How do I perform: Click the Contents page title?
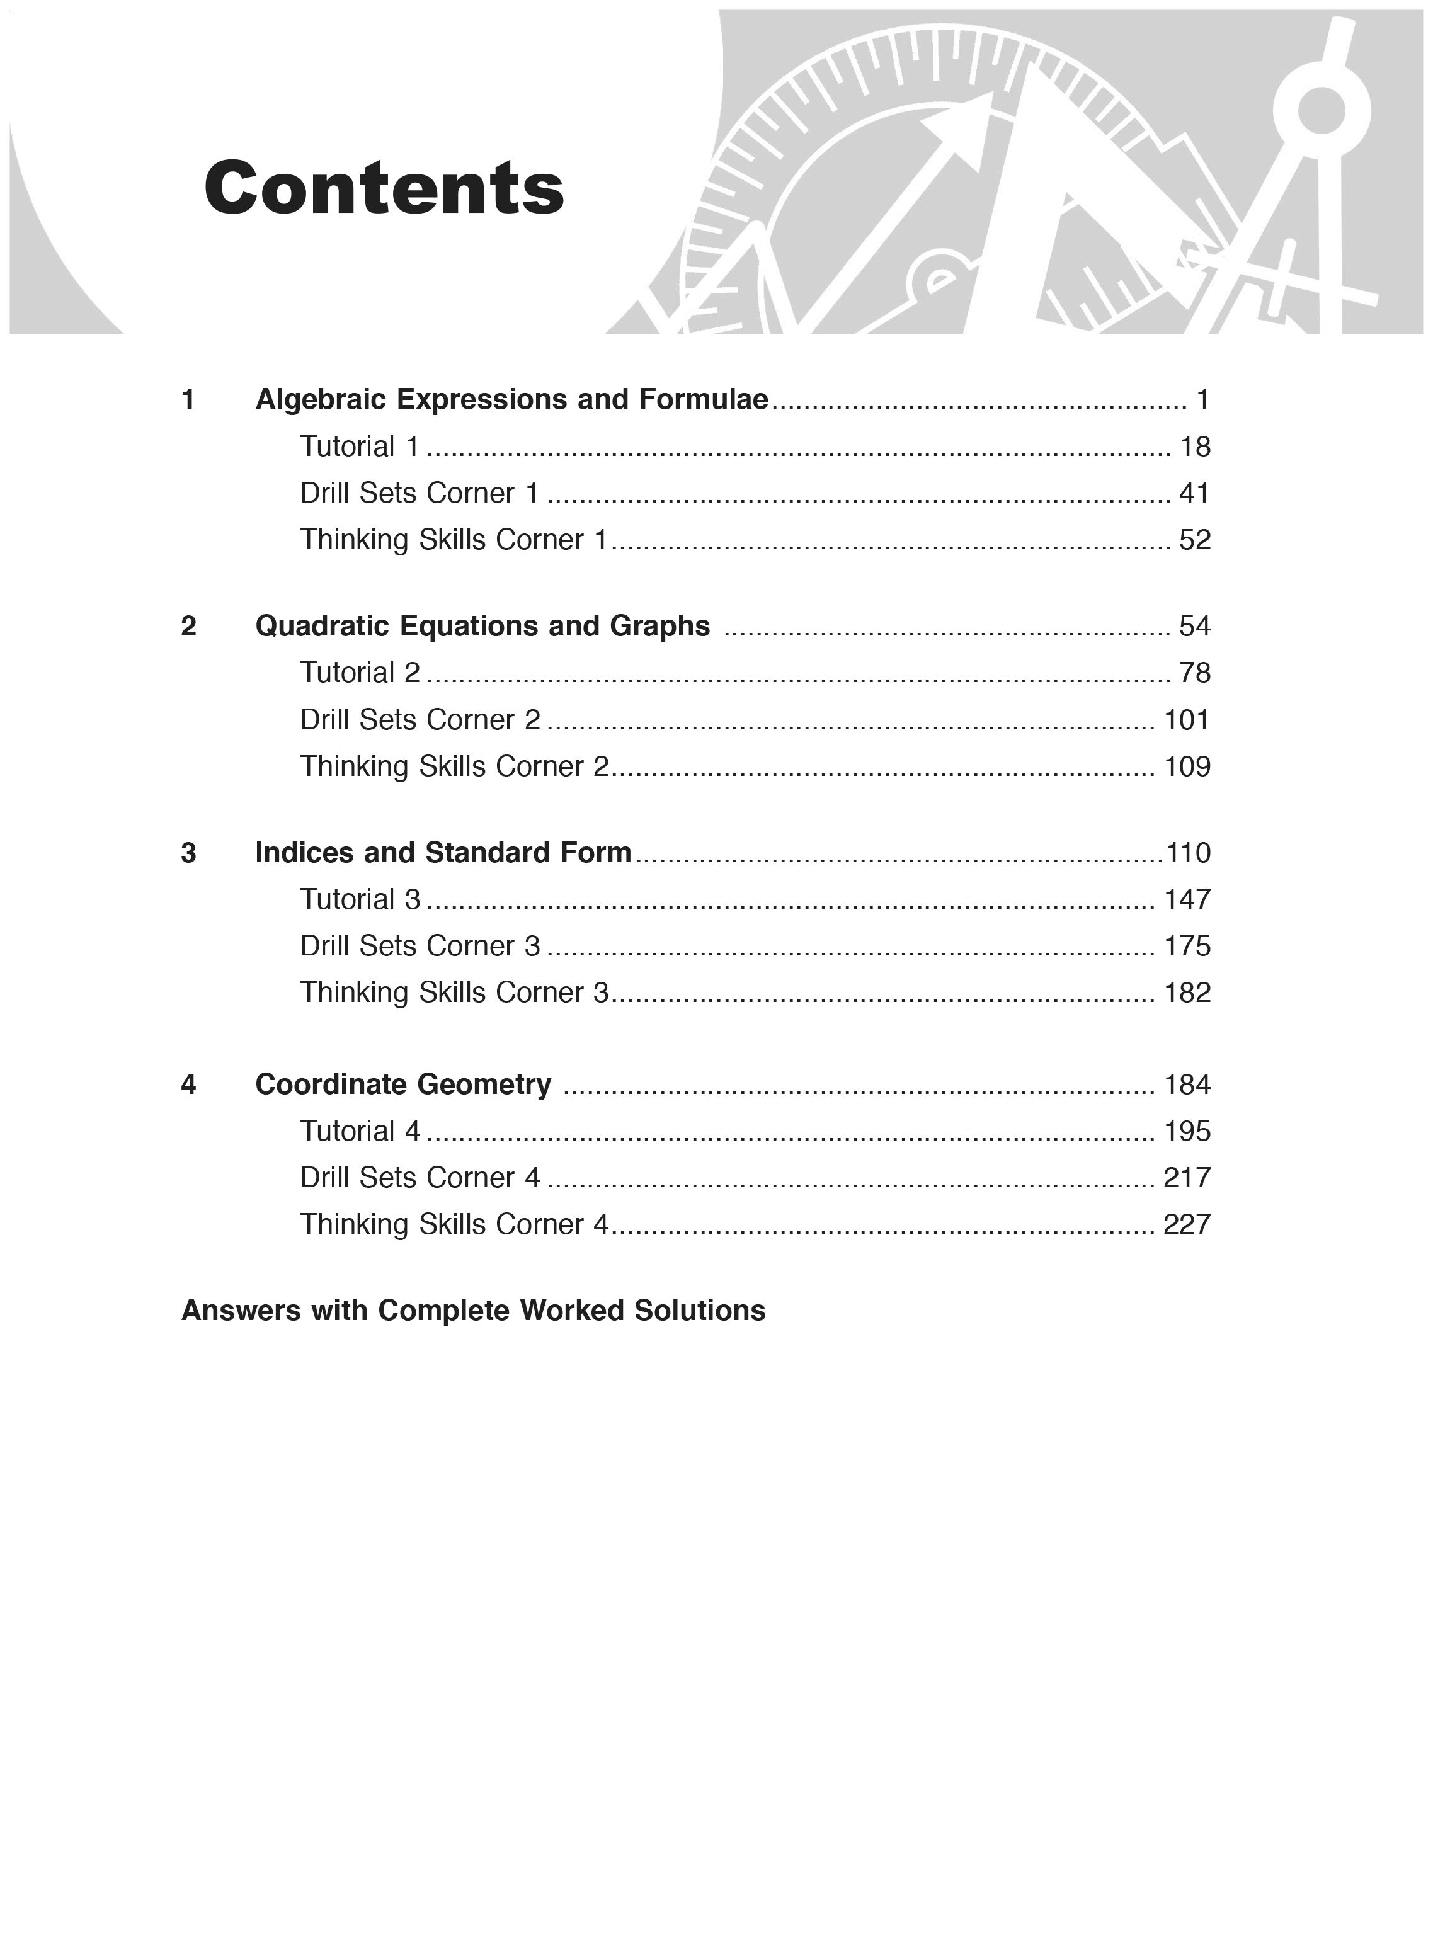point(384,188)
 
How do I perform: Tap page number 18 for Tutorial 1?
point(1194,447)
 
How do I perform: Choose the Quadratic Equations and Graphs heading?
point(482,625)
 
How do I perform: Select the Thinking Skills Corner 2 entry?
point(455,766)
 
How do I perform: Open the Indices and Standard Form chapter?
point(443,853)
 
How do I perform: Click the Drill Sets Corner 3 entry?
point(420,945)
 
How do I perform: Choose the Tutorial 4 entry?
point(360,1131)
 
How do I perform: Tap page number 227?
point(1186,1224)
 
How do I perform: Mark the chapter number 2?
point(188,625)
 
